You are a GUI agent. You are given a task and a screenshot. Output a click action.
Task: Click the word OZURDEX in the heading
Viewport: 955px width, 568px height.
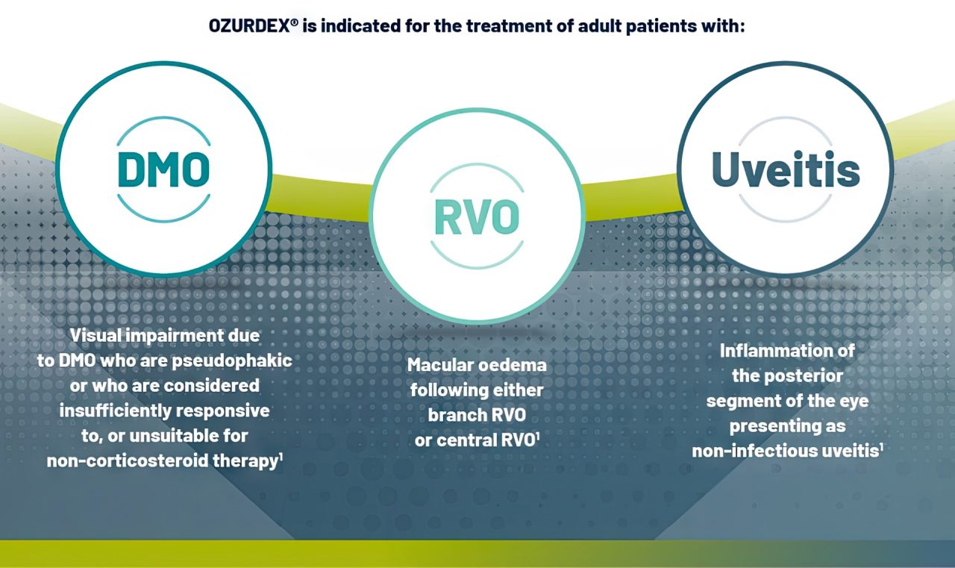(249, 26)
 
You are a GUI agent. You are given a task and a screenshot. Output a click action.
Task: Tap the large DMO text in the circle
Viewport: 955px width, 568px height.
(163, 169)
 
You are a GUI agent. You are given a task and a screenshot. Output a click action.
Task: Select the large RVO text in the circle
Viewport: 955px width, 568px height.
(477, 217)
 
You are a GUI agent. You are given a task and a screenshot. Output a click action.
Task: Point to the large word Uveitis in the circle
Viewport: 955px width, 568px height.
(786, 169)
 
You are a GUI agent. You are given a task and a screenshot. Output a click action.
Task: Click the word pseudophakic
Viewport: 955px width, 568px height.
(232, 361)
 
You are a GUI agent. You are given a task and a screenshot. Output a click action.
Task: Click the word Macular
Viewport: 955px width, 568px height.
(440, 365)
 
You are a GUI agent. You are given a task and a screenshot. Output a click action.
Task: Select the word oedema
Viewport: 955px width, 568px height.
(512, 365)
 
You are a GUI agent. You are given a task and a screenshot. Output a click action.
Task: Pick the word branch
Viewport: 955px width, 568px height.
(454, 415)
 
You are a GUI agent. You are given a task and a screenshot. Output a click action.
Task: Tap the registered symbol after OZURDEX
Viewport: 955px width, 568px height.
(294, 22)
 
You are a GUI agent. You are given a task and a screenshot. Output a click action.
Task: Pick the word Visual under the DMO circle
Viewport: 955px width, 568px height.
(95, 336)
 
